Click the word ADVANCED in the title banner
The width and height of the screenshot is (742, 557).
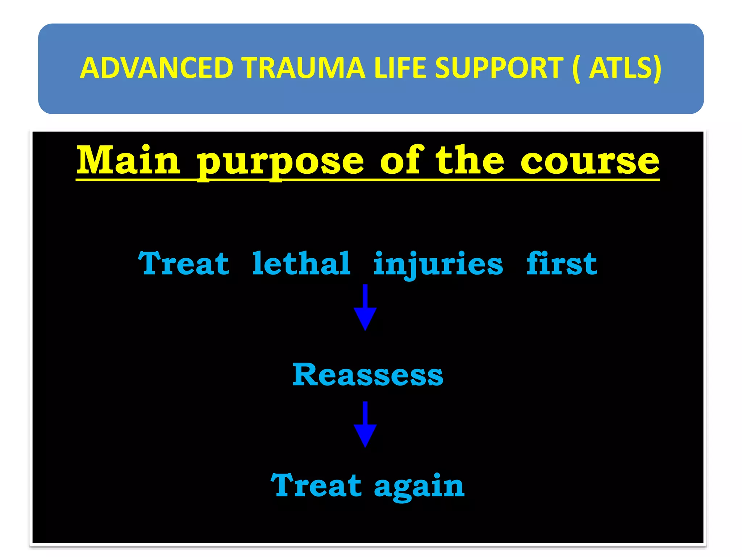click(x=157, y=68)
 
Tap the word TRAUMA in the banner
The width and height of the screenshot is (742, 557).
click(x=304, y=68)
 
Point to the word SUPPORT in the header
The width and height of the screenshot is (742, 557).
click(x=499, y=68)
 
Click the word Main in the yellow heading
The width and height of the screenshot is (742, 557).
click(x=128, y=160)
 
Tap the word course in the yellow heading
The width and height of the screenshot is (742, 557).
click(x=590, y=161)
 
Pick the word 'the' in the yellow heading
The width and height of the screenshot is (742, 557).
click(x=470, y=160)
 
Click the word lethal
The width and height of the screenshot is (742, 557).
click(x=301, y=264)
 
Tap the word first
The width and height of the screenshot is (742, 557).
click(x=562, y=264)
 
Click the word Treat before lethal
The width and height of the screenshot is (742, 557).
click(x=183, y=264)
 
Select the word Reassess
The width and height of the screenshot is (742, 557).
click(x=367, y=375)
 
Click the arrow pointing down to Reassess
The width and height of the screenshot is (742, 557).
click(x=365, y=308)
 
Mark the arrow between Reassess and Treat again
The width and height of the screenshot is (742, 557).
click(x=365, y=425)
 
